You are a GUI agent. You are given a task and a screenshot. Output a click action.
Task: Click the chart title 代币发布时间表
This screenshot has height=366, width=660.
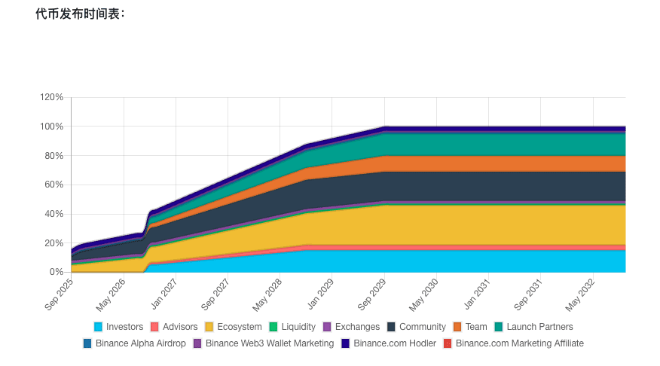[x=80, y=14]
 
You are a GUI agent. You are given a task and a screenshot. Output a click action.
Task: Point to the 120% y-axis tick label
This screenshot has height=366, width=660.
[x=51, y=97]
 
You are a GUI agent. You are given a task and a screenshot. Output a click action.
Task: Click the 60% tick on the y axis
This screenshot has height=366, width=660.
[x=53, y=185]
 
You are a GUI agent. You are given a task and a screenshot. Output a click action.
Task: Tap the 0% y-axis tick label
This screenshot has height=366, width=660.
[x=56, y=272]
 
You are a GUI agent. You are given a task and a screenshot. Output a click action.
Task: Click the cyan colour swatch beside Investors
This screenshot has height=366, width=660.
[x=99, y=327]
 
